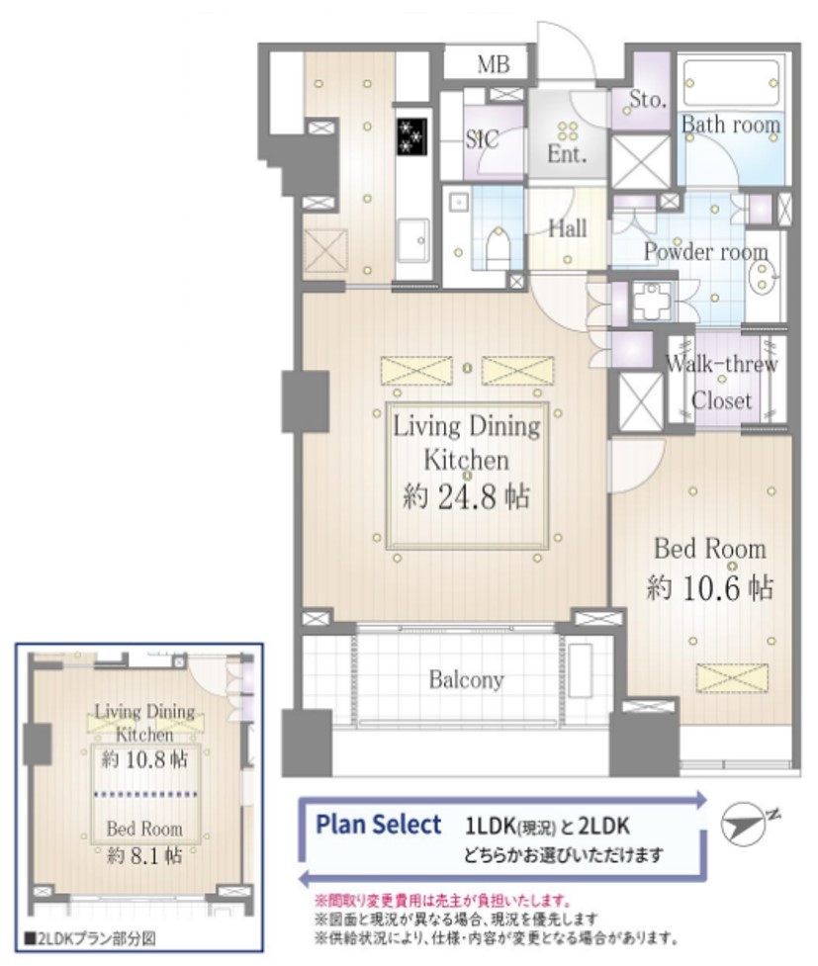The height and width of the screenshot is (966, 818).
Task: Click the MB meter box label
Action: tap(494, 64)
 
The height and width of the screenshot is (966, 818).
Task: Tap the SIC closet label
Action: tap(482, 139)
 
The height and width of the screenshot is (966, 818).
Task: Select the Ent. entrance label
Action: tap(567, 154)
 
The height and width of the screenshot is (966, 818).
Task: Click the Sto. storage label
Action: tap(648, 99)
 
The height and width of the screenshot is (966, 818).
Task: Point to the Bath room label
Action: tap(731, 125)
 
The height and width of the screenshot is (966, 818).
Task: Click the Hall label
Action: tap(567, 228)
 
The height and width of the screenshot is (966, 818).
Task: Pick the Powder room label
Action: tap(706, 251)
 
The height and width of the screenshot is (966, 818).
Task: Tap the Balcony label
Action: tap(467, 679)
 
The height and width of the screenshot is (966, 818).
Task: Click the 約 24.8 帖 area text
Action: tap(466, 496)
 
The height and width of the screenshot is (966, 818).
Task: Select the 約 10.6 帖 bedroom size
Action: tap(709, 587)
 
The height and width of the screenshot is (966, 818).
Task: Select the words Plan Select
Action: tap(379, 825)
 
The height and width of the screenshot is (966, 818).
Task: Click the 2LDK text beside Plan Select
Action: tap(604, 827)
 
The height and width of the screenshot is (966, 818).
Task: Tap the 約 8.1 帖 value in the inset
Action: tap(144, 855)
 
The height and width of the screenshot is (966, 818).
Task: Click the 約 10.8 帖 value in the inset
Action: tap(144, 759)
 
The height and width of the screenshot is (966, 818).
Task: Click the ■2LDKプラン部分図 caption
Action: tap(90, 939)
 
